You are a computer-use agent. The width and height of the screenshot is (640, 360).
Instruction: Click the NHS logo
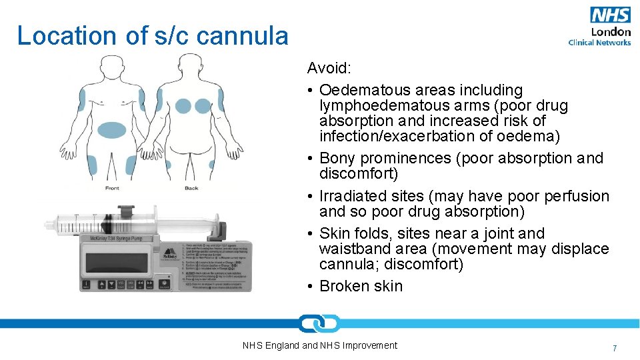(x=610, y=15)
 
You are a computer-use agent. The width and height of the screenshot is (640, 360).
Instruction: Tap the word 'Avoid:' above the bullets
(x=328, y=68)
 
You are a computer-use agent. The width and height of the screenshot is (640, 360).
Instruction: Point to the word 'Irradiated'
(x=353, y=196)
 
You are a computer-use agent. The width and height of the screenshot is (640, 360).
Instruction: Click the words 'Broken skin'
(x=361, y=286)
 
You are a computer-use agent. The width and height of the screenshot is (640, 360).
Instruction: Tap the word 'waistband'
(x=352, y=249)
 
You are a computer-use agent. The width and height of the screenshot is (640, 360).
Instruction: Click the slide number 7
(x=615, y=348)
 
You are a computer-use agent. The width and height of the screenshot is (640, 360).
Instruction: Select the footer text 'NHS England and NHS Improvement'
(x=320, y=345)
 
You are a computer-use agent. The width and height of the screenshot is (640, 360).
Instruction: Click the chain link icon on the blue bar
(x=319, y=323)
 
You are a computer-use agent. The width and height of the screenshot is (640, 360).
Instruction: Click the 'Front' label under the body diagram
(x=113, y=188)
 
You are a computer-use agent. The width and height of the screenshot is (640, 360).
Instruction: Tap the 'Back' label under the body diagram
(x=191, y=188)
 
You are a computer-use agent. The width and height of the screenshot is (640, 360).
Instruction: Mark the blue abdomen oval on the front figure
(x=111, y=129)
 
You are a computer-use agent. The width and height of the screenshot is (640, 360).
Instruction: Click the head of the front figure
(x=111, y=67)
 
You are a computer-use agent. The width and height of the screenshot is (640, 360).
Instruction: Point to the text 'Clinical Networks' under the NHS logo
(x=599, y=43)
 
